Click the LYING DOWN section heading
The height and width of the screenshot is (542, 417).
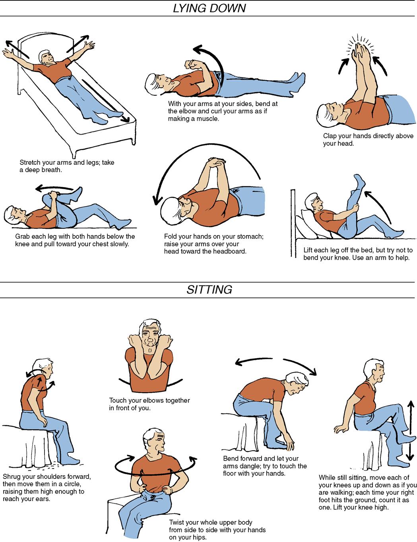point(209,8)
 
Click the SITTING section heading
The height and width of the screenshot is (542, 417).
point(209,289)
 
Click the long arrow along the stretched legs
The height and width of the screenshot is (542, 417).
point(106,101)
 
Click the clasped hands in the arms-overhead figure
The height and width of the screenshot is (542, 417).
point(217,163)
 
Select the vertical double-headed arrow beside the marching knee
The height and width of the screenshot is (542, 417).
point(410,430)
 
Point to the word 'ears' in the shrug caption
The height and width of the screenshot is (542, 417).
point(43,499)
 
